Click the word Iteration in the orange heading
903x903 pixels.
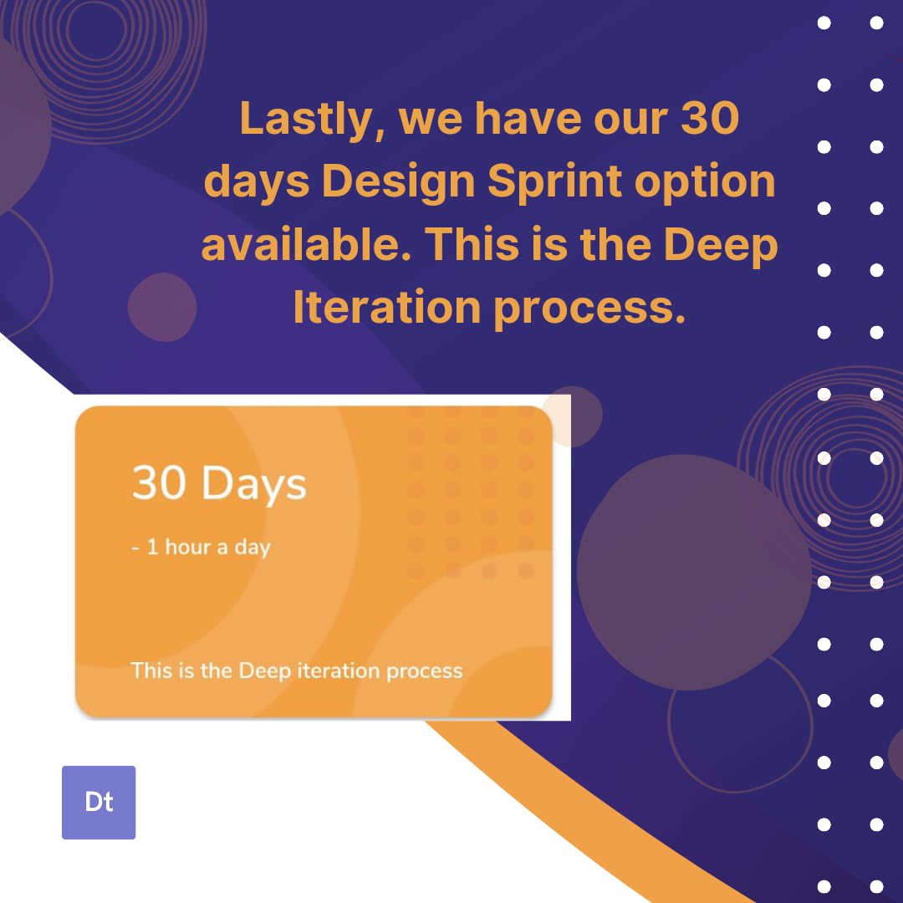tap(386, 307)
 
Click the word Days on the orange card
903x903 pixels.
tap(254, 485)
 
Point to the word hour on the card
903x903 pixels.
tap(187, 548)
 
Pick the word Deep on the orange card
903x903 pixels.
tap(264, 671)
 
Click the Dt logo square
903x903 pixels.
tap(99, 802)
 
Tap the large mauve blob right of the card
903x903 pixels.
tap(693, 572)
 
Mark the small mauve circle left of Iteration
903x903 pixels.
tap(162, 307)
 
